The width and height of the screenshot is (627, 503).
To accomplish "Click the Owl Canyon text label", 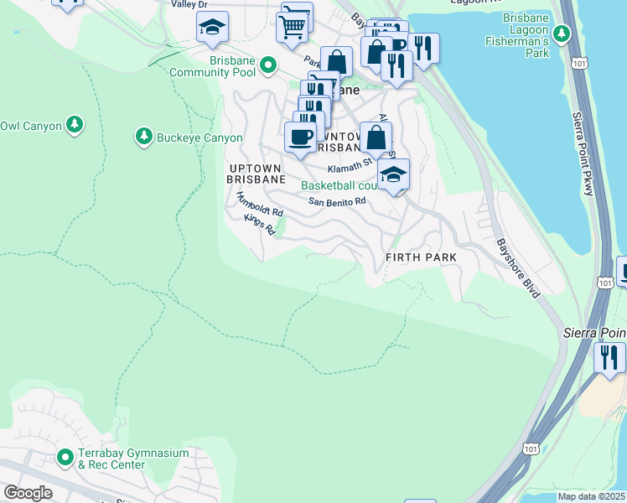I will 31,126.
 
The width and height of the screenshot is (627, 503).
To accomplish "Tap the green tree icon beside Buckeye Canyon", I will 143,137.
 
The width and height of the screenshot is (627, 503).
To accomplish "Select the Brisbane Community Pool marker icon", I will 267,64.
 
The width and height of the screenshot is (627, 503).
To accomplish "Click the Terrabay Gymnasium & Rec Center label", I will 133,459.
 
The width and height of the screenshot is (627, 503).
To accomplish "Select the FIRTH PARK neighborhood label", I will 421,257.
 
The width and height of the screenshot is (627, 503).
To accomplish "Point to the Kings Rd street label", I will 259,224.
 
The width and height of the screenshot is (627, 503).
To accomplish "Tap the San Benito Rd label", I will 337,201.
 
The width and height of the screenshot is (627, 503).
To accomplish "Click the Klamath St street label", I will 350,169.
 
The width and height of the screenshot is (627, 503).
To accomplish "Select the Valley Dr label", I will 189,4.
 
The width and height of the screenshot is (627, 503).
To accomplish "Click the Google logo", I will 28,493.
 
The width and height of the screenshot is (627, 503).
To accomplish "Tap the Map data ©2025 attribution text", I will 590,496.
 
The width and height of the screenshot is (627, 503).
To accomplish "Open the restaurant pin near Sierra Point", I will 609,358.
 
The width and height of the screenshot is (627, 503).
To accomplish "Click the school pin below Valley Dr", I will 213,28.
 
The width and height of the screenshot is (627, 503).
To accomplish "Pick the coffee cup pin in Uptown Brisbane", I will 300,137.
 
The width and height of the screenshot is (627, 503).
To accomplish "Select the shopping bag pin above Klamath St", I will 376,137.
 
